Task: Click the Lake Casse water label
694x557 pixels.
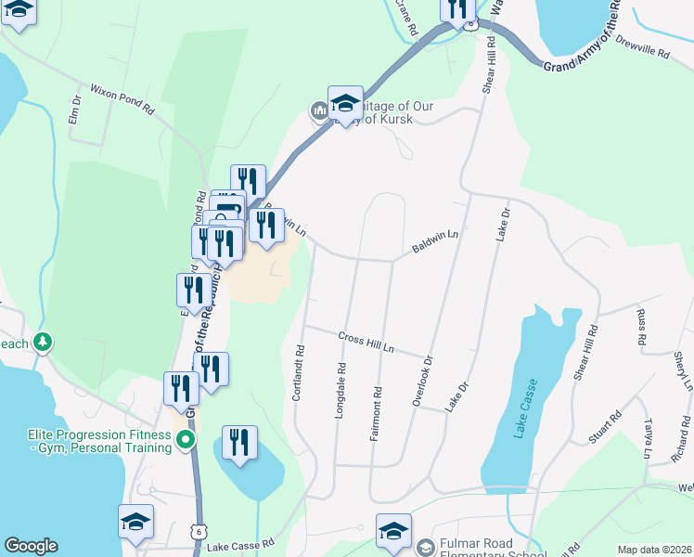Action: (x=521, y=409)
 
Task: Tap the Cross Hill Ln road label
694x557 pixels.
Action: (x=366, y=343)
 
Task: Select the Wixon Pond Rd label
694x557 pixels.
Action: (x=122, y=99)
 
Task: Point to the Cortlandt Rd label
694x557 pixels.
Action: (x=299, y=373)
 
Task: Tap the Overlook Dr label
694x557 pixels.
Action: (x=422, y=381)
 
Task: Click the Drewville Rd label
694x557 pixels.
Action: (x=641, y=50)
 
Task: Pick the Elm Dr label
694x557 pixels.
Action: (x=76, y=112)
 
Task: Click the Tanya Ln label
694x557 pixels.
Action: (x=648, y=438)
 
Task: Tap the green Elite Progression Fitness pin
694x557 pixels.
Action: (x=186, y=440)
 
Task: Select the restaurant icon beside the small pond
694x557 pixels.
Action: (x=239, y=444)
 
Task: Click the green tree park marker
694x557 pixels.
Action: (x=42, y=343)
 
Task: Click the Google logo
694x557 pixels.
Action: (x=31, y=546)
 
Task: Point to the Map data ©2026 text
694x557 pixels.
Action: (x=654, y=550)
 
